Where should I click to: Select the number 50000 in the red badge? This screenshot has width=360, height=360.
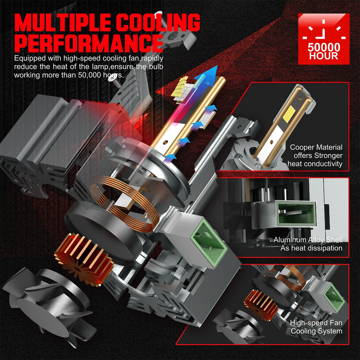[324, 47]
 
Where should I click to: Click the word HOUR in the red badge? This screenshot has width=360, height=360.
[324, 56]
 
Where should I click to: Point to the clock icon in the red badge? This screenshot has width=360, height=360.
[324, 30]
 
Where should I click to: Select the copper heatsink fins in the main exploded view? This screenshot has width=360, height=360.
[84, 258]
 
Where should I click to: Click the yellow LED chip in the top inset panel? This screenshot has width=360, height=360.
[287, 114]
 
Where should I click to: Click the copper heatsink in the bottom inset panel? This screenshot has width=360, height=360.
[258, 304]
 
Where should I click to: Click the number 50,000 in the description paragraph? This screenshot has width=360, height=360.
[89, 75]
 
